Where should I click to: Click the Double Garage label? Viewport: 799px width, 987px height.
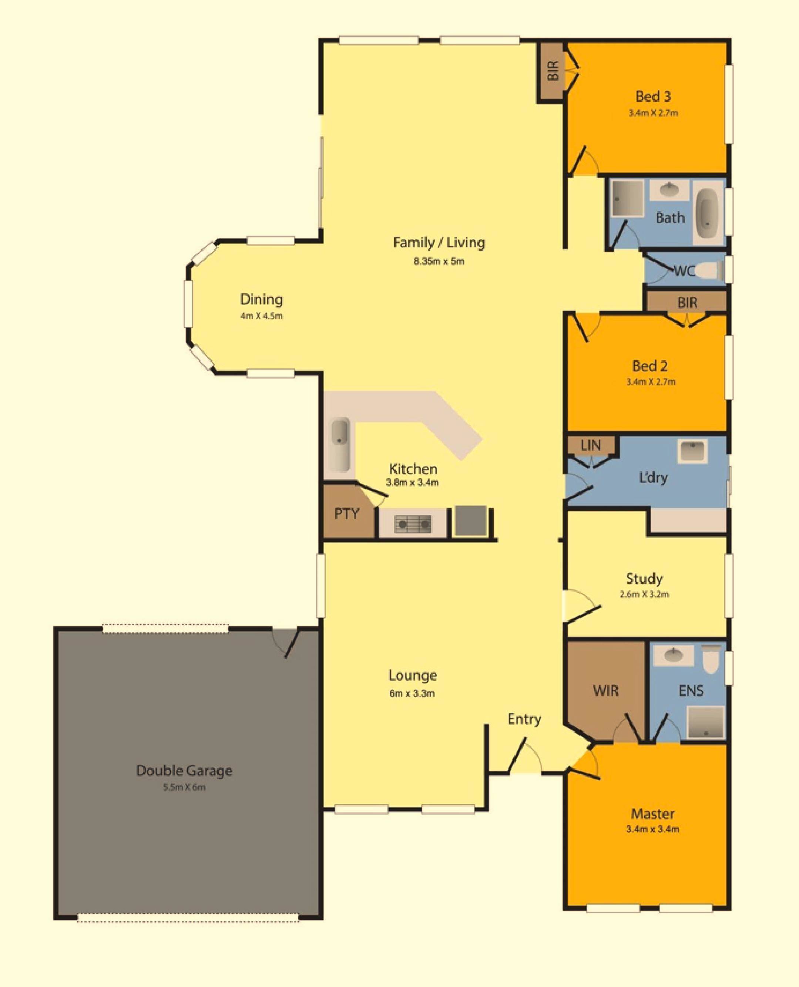184,770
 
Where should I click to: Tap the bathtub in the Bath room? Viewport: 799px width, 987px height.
708,213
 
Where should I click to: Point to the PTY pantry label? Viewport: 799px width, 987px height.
346,513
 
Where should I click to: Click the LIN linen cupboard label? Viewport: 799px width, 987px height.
591,445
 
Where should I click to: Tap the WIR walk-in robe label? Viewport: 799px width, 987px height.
606,691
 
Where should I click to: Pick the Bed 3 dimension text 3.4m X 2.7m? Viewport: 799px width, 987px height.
653,113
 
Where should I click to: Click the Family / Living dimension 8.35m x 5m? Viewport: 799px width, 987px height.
439,261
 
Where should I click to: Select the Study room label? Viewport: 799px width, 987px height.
644,578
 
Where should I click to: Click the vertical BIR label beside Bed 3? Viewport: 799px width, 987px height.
554,70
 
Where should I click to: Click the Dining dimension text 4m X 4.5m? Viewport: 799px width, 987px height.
261,316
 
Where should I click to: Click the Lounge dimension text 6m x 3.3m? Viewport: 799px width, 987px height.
412,693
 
